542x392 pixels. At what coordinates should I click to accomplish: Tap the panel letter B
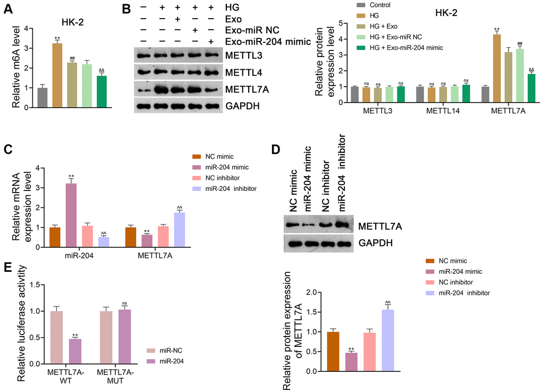(126, 9)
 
